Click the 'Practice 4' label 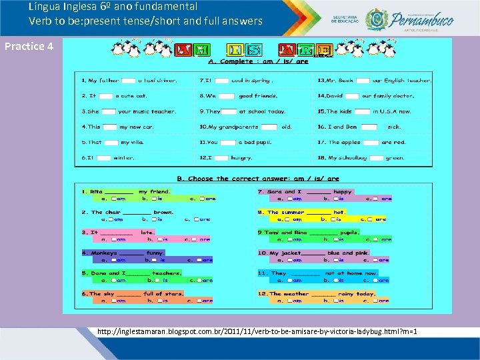pyautogui.click(x=28, y=47)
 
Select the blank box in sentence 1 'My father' pyautogui.click(x=129, y=81)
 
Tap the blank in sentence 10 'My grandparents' pyautogui.click(x=269, y=127)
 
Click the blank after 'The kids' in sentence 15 pyautogui.click(x=363, y=111)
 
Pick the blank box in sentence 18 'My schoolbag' pyautogui.click(x=376, y=158)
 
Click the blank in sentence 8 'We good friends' pyautogui.click(x=227, y=96)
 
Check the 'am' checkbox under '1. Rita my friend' pyautogui.click(x=114, y=199)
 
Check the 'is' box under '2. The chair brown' pyautogui.click(x=153, y=219)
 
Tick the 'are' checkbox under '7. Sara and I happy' pyautogui.click(x=376, y=199)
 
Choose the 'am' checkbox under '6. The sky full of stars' pyautogui.click(x=114, y=301)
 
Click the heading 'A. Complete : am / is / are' pyautogui.click(x=258, y=61)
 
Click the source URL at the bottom pyautogui.click(x=257, y=331)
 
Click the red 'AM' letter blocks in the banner pyautogui.click(x=193, y=49)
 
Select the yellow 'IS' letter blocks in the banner pyautogui.click(x=244, y=49)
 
